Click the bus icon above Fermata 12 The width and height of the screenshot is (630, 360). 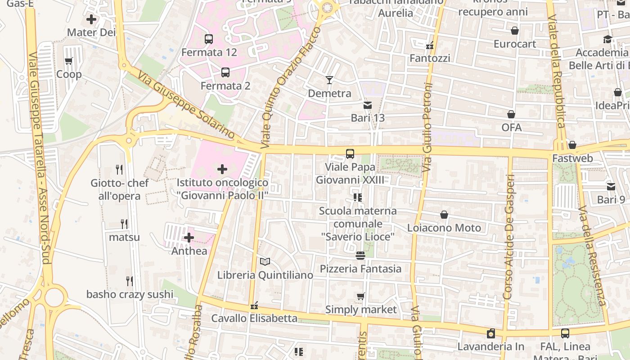pos(208,39)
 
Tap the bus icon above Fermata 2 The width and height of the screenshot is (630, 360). pos(225,72)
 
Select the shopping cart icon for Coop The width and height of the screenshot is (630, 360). pos(69,61)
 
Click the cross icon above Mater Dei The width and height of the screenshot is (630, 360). pos(91,19)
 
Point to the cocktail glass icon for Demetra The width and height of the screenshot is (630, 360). pos(329,80)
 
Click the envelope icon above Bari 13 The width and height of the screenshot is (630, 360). pos(368,105)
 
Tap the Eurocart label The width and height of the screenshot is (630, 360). pos(515,44)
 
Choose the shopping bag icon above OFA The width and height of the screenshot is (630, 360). pos(511,114)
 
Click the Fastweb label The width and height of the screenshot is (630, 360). pos(572,158)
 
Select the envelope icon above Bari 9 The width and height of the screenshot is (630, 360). pos(611,186)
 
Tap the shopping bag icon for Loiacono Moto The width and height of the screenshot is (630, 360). pos(444,215)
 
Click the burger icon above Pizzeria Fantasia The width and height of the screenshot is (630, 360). pos(360,256)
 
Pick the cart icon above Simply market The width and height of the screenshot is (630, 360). pos(360,296)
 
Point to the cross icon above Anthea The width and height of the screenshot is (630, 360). pos(189,238)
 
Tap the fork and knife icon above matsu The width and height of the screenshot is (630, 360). pos(124,224)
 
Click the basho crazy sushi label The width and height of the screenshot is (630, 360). pos(130,294)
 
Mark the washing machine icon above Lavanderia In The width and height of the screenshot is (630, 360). pos(490,333)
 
